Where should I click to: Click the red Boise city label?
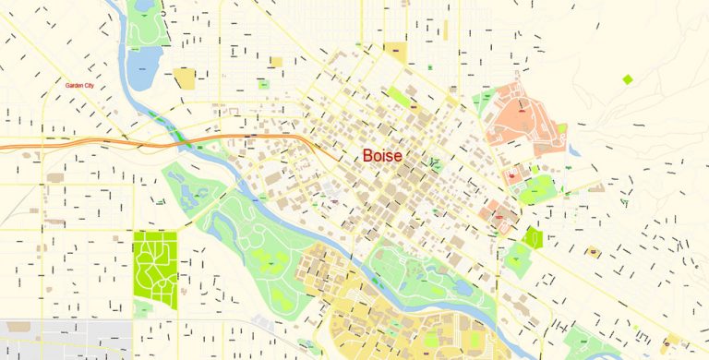tap(382, 156)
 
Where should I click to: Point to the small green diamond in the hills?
tap(628, 79)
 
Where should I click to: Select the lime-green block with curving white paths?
tap(154, 269)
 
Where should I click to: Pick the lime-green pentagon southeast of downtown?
tap(532, 238)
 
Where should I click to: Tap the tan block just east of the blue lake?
tap(185, 78)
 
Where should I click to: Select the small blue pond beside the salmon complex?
tap(573, 148)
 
